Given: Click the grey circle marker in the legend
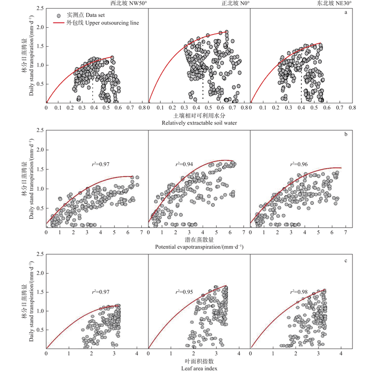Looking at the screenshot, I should [59, 15].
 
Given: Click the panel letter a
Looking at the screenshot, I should [345, 12].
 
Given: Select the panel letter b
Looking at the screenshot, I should [346, 134].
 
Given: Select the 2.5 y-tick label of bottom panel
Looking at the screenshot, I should [40, 255].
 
